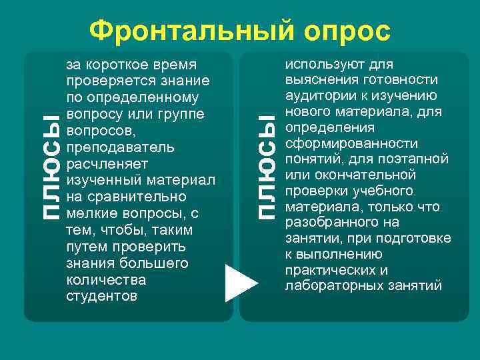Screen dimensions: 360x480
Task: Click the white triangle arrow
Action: click(241, 283)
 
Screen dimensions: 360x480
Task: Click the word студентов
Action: click(102, 296)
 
